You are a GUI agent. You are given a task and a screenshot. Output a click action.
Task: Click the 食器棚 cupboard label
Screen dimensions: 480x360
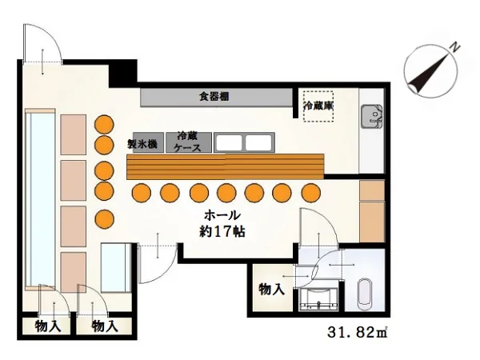pyautogui.click(x=214, y=97)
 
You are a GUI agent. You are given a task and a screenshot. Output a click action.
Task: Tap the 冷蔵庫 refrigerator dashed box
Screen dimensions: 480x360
pyautogui.click(x=318, y=106)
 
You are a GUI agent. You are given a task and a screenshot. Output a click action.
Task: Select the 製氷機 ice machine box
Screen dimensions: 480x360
pyautogui.click(x=148, y=142)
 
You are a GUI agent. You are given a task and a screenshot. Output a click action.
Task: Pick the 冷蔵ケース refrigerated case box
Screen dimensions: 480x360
pyautogui.click(x=189, y=142)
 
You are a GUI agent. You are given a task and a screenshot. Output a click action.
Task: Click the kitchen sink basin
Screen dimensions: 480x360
pyautogui.click(x=372, y=116)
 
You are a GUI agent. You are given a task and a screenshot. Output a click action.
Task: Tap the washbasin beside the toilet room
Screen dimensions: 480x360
pyautogui.click(x=318, y=298)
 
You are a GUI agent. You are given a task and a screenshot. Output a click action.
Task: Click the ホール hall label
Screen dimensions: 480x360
pyautogui.click(x=222, y=215)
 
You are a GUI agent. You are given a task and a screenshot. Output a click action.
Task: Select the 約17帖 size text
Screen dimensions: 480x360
pyautogui.click(x=222, y=232)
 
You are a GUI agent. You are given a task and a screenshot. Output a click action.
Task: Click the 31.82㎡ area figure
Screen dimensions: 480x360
pyautogui.click(x=358, y=333)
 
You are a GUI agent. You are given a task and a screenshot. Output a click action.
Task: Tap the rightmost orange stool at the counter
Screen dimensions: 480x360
pyautogui.click(x=311, y=193)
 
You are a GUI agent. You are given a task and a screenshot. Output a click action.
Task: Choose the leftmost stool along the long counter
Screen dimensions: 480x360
pyautogui.click(x=142, y=193)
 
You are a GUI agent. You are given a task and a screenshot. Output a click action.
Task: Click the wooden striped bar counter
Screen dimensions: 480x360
pyautogui.click(x=226, y=166)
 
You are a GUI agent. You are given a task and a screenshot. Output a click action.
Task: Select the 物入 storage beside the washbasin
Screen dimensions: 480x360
pyautogui.click(x=272, y=289)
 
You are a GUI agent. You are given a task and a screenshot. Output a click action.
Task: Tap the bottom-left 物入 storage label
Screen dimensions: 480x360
pyautogui.click(x=48, y=326)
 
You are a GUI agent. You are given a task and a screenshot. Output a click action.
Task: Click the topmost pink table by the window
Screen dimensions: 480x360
pyautogui.click(x=73, y=134)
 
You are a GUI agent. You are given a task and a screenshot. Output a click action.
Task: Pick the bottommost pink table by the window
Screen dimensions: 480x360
pyautogui.click(x=73, y=273)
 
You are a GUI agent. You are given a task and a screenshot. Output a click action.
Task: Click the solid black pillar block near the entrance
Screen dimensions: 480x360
pyautogui.click(x=122, y=74)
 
